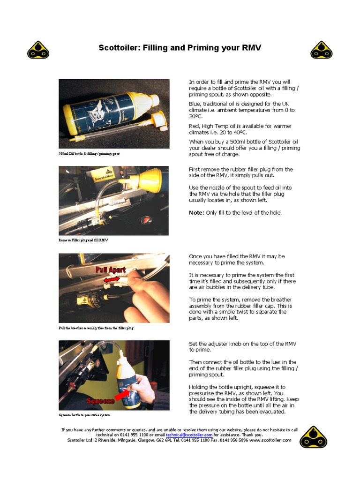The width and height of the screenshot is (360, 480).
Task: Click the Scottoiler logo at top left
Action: pos(38,49)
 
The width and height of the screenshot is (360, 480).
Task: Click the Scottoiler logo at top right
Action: pos(322,49)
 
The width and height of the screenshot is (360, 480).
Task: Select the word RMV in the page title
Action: pos(251,48)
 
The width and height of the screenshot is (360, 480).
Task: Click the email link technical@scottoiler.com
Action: pos(186,435)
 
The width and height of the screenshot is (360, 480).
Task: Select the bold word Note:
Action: pos(196,213)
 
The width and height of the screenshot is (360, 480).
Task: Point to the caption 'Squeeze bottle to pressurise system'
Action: pos(85,415)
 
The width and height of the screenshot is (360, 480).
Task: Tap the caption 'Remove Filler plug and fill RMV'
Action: pos(82,240)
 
